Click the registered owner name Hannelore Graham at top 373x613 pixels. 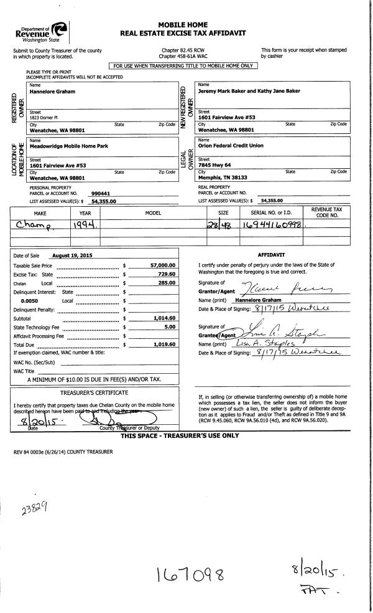[53, 92]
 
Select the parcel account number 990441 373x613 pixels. [100, 194]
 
